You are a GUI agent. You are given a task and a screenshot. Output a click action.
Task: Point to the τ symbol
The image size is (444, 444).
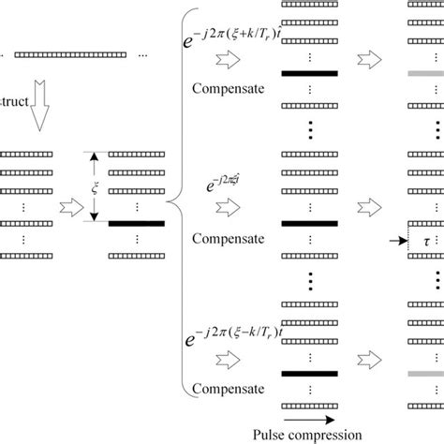click(427, 240)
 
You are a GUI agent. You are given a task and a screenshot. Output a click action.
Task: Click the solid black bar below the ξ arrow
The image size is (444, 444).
click(137, 223)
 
